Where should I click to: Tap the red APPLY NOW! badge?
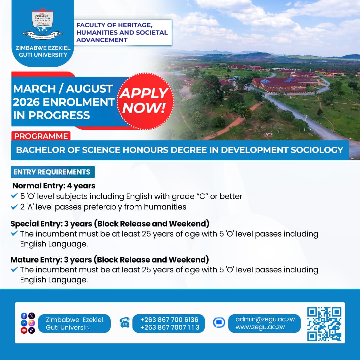tap(145, 101)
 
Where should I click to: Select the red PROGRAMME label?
tap(41, 136)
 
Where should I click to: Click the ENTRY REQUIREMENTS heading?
tap(53, 172)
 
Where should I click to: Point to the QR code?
tap(324, 324)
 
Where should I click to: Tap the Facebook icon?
tap(24, 316)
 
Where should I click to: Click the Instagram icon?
tap(32, 323)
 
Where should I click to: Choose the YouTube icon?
tap(24, 330)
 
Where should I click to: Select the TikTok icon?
tap(32, 330)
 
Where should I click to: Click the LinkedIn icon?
tap(24, 323)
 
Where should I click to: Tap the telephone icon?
tap(125, 323)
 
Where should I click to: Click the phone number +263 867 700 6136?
tap(169, 320)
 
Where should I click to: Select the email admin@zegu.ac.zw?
tap(265, 319)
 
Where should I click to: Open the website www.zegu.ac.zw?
tap(260, 327)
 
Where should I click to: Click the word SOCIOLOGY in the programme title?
tap(317, 150)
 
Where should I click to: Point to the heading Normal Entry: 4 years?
tap(54, 186)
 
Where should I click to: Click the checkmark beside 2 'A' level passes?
tap(14, 207)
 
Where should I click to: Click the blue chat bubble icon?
tap(219, 323)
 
